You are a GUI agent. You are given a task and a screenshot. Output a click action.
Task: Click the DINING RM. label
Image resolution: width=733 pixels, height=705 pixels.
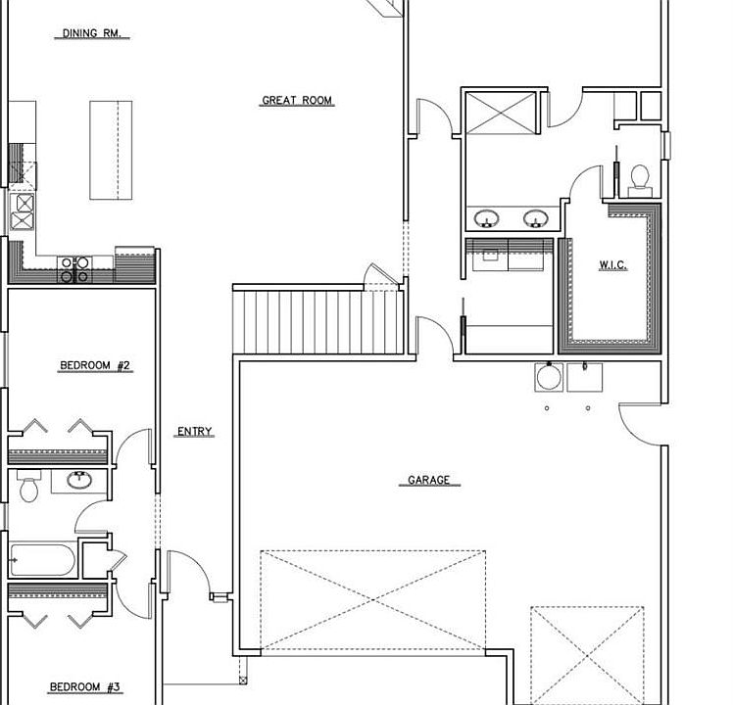(x=92, y=33)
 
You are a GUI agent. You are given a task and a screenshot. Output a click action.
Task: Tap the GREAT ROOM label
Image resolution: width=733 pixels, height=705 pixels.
(x=297, y=100)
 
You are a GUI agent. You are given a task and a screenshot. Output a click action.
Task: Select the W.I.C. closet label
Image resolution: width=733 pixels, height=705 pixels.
(x=612, y=265)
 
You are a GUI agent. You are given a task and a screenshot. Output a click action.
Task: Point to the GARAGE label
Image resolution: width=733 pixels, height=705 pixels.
(x=428, y=480)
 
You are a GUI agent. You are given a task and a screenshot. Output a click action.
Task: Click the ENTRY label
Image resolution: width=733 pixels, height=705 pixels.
(x=194, y=431)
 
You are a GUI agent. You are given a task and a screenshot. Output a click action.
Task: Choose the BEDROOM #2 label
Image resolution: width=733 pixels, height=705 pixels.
(x=95, y=365)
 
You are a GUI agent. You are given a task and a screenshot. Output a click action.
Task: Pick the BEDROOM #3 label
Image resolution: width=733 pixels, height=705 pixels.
(x=84, y=686)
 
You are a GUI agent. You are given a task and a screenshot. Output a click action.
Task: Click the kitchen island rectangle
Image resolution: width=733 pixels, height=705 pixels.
(x=111, y=150)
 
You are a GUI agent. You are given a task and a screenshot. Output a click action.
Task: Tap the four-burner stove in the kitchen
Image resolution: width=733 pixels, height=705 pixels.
(x=74, y=269)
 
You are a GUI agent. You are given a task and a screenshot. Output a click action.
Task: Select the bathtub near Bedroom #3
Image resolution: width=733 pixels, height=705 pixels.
(x=42, y=560)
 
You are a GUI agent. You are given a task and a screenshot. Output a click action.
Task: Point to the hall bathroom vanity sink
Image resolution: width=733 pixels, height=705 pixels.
(x=79, y=480)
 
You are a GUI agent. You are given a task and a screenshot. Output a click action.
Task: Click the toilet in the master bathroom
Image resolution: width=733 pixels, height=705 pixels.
(x=640, y=181)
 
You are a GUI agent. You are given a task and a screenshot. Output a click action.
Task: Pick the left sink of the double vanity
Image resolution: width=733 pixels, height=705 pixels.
(x=486, y=218)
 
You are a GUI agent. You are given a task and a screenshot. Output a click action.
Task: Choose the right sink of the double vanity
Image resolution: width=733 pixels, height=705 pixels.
(x=536, y=218)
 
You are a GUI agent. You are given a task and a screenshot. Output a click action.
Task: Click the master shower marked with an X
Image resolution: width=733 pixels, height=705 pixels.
(x=501, y=113)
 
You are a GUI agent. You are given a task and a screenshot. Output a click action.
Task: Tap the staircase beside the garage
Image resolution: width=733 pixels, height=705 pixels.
(x=318, y=322)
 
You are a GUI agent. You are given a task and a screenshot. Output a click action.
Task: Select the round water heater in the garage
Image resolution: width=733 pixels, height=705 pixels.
(x=549, y=377)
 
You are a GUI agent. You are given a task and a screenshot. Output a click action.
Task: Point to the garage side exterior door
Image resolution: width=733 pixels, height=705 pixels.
(x=641, y=424)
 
